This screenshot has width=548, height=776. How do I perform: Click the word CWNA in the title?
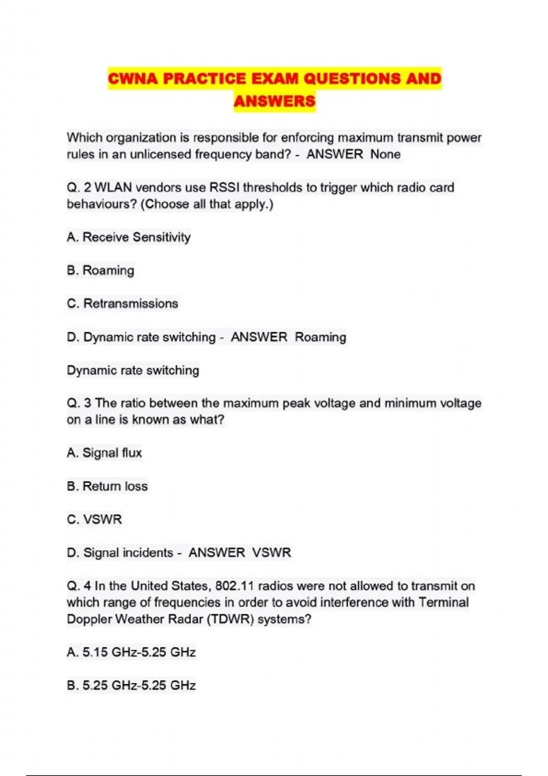132,79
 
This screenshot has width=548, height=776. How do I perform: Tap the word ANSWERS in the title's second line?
274,101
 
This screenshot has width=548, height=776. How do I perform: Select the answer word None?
385,154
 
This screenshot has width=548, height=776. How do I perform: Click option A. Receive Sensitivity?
128,237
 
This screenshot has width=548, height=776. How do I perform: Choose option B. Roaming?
100,270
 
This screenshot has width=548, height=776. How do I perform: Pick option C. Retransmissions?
122,304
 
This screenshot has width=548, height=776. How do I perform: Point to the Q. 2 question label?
79,188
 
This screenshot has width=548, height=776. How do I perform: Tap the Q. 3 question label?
79,403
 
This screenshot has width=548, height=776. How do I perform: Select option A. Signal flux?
104,453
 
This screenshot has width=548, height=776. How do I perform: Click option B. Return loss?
107,486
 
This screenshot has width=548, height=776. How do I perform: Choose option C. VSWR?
95,519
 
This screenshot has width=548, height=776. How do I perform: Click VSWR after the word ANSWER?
272,553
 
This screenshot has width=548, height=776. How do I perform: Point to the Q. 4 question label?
79,586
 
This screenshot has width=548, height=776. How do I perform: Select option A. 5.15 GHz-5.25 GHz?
131,652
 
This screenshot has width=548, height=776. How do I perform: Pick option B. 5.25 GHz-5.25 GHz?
131,686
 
